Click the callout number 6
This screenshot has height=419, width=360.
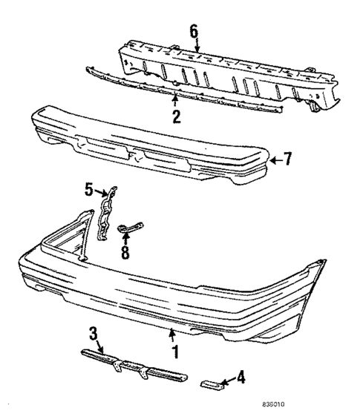click(194, 31)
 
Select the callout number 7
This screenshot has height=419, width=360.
click(289, 159)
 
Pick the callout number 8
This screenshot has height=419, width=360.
click(125, 252)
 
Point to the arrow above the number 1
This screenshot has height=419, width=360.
click(172, 332)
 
